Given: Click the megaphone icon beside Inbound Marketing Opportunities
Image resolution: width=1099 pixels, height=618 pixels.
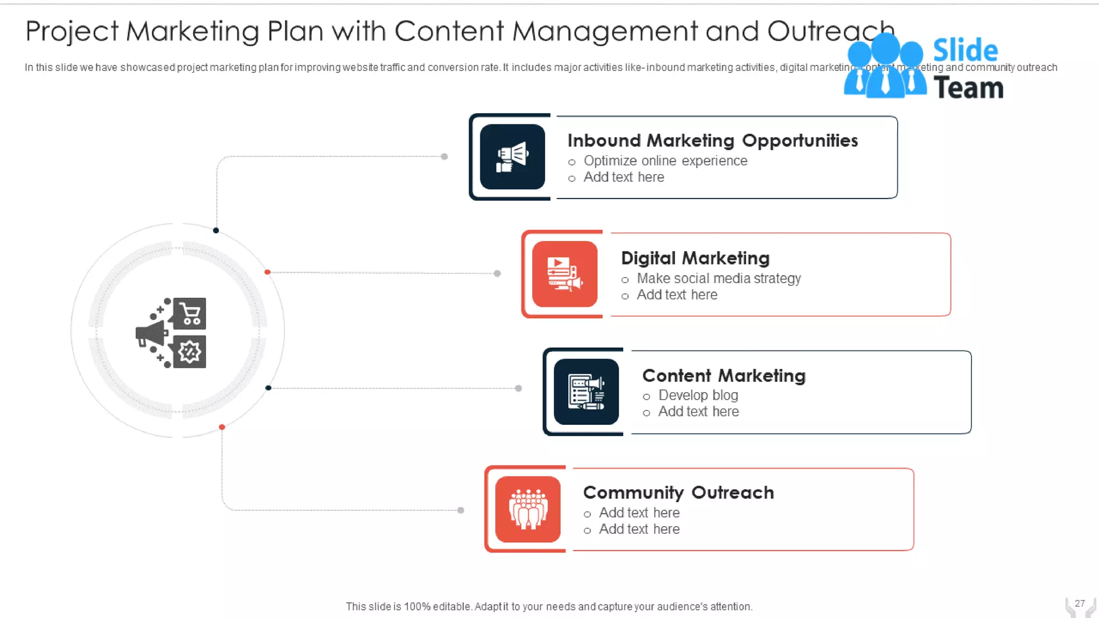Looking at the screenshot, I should point(512,157).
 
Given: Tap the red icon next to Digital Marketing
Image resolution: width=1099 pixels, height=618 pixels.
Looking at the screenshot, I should point(565,274).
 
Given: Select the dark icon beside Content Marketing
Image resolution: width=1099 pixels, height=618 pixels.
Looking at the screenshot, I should point(586,392).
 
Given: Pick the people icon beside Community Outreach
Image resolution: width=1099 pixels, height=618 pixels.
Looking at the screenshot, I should point(528,509).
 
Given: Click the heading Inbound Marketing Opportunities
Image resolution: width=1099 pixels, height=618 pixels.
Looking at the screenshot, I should point(713,141).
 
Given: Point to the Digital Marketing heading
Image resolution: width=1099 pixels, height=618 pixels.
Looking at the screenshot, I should point(695,258).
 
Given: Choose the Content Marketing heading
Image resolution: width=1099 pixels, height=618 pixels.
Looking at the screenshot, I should point(723,376).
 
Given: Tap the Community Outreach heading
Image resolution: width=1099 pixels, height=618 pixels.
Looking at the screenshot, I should point(678,492).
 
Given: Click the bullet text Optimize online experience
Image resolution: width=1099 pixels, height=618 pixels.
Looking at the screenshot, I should point(665,161).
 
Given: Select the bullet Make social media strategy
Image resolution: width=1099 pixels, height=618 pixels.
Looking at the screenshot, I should point(719,278).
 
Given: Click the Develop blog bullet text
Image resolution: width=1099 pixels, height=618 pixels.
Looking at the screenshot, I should point(698,395).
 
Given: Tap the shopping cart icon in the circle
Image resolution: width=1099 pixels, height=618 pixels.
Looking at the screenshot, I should point(190,313).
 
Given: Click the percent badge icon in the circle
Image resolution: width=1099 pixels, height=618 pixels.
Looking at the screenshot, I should point(189,352).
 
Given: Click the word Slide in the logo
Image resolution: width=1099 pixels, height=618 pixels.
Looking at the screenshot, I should point(965,50).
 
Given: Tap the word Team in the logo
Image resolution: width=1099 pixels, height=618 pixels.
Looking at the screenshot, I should point(969,88).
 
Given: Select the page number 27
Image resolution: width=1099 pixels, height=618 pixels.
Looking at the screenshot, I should point(1080,604).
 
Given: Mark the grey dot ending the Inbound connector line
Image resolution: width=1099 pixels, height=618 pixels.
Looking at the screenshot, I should point(444,157).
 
